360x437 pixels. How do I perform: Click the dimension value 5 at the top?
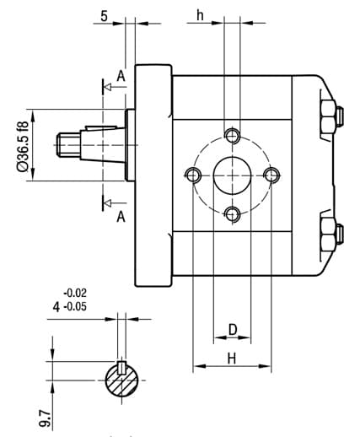(104, 16)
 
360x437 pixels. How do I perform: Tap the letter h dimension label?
(200, 15)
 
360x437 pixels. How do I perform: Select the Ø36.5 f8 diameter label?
(23, 146)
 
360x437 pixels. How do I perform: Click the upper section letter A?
(121, 76)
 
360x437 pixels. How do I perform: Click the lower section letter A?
(121, 217)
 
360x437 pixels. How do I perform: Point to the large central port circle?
(232, 175)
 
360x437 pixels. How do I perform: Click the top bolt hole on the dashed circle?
(233, 136)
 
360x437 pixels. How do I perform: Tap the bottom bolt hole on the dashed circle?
(233, 215)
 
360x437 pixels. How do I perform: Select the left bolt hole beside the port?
(193, 175)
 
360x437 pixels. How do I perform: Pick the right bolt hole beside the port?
(271, 175)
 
